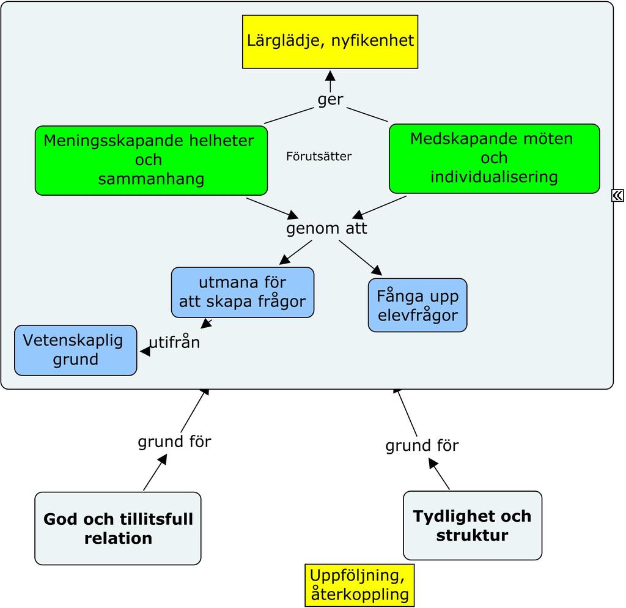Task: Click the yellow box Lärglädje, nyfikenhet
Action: [330, 42]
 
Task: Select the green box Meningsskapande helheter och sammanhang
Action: [152, 161]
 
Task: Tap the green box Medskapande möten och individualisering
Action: [494, 158]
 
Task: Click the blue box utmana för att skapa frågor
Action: [243, 292]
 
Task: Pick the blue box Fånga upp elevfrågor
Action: [418, 305]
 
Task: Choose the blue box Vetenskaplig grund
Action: [75, 350]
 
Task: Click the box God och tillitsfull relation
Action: [118, 528]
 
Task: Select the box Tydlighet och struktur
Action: [473, 525]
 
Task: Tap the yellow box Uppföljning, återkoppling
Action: [359, 585]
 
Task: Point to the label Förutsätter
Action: [319, 156]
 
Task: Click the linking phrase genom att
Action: [326, 229]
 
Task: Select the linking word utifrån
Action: [174, 343]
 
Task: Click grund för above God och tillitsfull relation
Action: [174, 442]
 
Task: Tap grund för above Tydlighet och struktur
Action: [422, 446]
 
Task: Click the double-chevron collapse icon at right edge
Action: [617, 195]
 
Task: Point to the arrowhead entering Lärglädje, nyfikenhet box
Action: [330, 75]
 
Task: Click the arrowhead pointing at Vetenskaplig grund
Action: [145, 352]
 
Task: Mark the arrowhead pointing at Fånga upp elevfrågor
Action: [377, 270]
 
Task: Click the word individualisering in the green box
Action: [494, 177]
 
